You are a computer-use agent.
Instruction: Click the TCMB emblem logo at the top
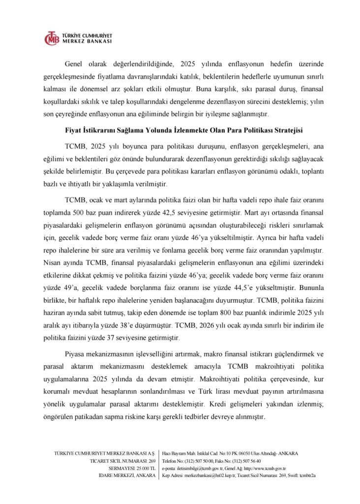(x=51, y=38)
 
